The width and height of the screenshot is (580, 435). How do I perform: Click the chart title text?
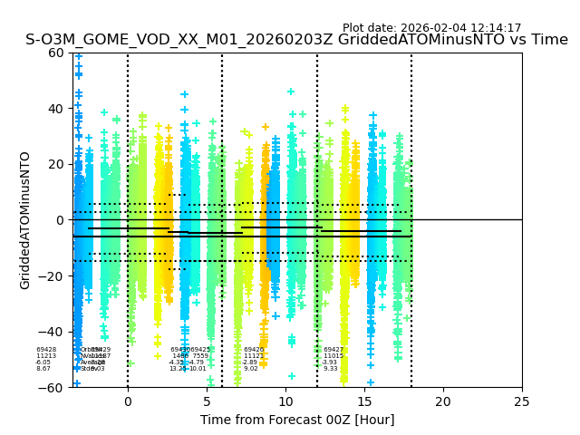pos(296,40)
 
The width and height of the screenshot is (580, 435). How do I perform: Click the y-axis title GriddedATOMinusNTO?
pos(25,220)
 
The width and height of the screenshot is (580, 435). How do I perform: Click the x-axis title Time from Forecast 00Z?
pos(297,420)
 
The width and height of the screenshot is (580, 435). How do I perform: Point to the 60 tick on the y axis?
pos(57,53)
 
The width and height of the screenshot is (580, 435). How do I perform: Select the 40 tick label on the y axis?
pos(57,109)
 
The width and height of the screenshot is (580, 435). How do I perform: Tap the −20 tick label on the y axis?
pos(53,276)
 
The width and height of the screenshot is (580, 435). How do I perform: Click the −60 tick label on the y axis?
pos(53,388)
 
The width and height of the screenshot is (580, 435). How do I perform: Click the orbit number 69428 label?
pos(46,350)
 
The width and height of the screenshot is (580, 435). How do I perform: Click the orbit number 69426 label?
pos(254,350)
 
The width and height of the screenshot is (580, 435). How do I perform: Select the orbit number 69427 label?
pos(333,350)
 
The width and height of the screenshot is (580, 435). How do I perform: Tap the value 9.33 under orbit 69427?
pos(330,369)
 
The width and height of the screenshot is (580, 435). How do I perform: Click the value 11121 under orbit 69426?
pos(254,356)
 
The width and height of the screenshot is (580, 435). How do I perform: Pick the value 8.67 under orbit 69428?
pos(43,369)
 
